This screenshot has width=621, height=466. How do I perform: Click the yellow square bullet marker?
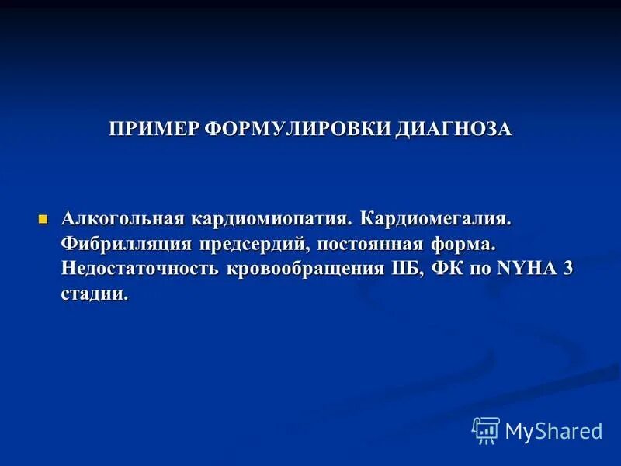(43, 218)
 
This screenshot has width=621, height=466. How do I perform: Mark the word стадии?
(94, 294)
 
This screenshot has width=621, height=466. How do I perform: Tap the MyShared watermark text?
(553, 431)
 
